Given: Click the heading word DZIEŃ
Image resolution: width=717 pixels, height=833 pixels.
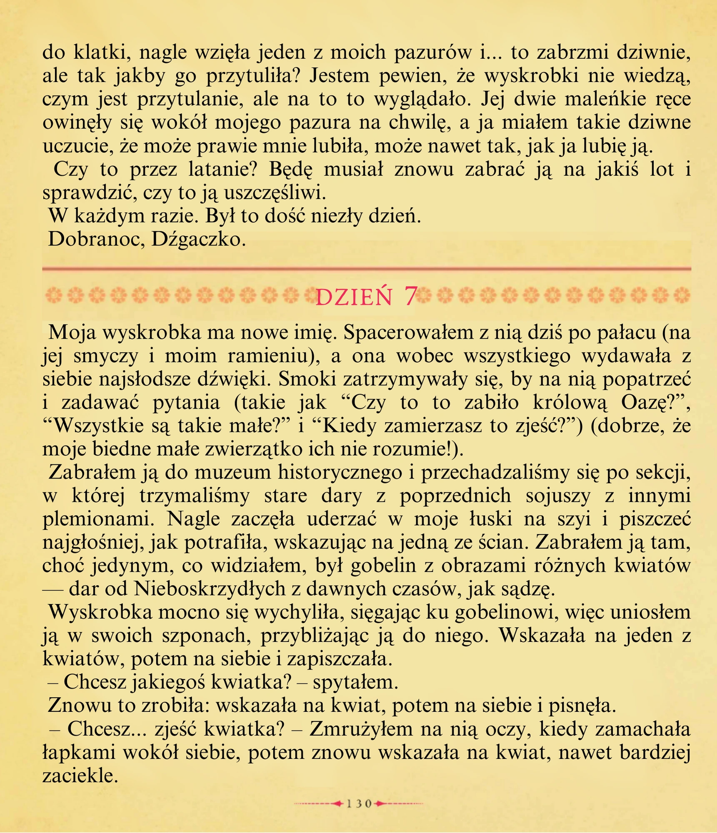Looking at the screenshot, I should pyautogui.click(x=354, y=297).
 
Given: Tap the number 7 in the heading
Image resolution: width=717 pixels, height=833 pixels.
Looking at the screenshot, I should pyautogui.click(x=410, y=297).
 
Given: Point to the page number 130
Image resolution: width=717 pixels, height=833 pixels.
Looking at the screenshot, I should pyautogui.click(x=359, y=804).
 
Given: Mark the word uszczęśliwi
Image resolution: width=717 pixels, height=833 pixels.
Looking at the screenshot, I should pyautogui.click(x=274, y=192).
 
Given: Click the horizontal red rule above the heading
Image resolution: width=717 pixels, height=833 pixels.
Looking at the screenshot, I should pyautogui.click(x=367, y=269).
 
